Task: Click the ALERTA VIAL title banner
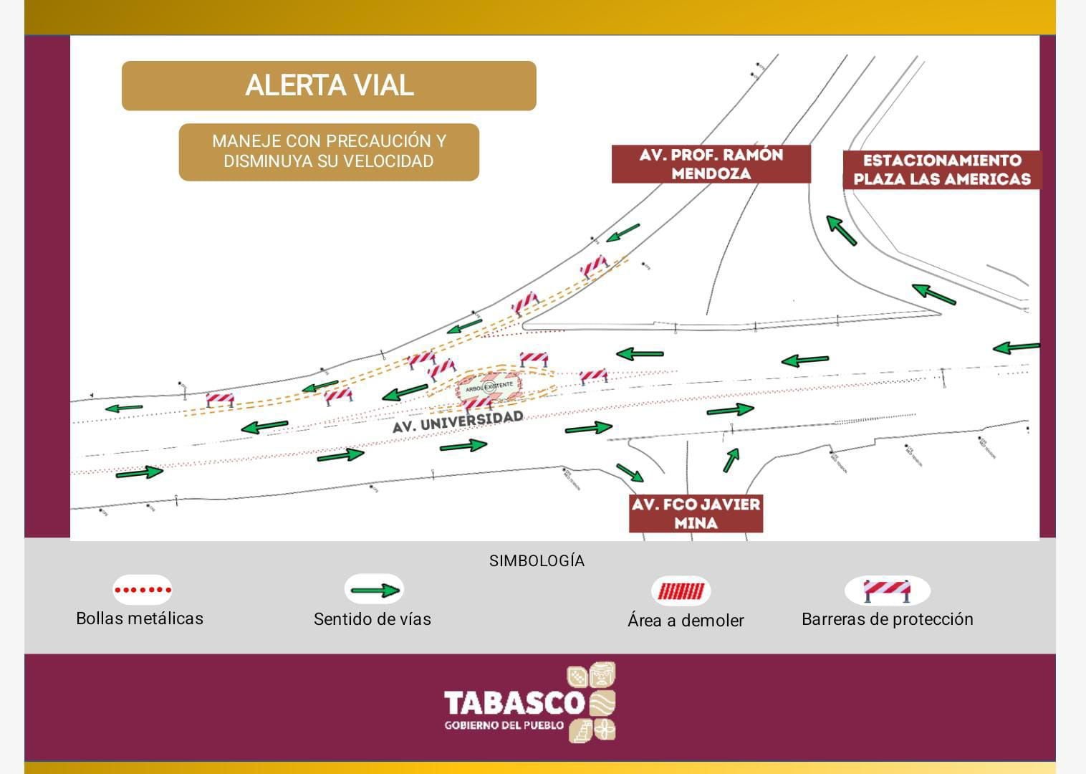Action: point(329,85)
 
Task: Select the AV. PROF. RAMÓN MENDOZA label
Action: point(711,164)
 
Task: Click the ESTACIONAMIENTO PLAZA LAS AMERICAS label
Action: point(941,170)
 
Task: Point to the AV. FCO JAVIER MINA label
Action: point(696,513)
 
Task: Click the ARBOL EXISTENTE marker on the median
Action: point(489,386)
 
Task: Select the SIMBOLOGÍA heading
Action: point(537,561)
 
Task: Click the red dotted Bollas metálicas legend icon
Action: point(143,591)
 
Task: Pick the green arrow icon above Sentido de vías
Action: point(374,591)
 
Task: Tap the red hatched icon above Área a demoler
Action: point(681,591)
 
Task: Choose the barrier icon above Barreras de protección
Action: point(887,591)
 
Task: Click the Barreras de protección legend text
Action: point(887,619)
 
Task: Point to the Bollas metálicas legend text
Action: point(140,618)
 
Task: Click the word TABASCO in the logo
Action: point(514,702)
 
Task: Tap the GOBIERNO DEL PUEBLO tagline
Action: point(504,726)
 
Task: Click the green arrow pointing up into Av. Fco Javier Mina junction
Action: point(731,459)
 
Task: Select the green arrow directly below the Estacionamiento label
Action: point(842,230)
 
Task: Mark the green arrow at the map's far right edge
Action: point(1016,348)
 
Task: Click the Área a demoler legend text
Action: point(686,621)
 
